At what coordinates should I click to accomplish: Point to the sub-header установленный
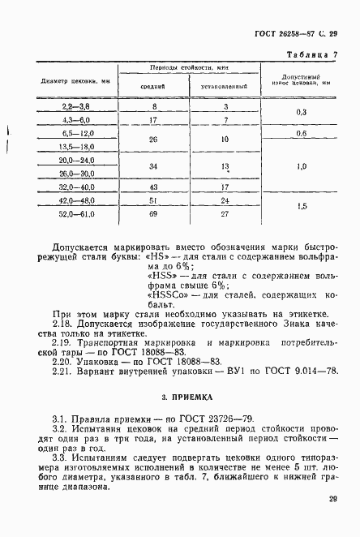(x=225, y=85)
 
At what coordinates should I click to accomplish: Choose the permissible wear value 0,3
(x=301, y=112)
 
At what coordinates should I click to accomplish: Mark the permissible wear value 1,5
(x=301, y=206)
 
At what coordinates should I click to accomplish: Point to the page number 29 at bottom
(x=333, y=501)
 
